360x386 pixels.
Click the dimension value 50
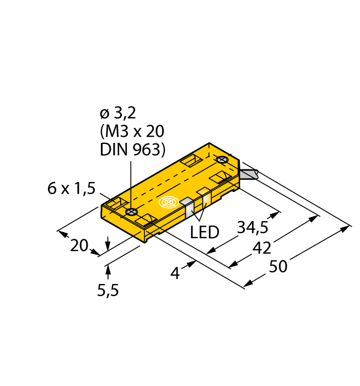[x=278, y=267]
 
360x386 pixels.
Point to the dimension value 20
[x=79, y=245]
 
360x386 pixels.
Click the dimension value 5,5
[x=108, y=290]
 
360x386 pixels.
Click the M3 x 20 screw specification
[x=132, y=132]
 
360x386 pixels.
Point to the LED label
[x=205, y=232]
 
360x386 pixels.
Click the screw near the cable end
[x=223, y=160]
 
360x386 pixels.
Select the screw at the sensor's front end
[x=131, y=212]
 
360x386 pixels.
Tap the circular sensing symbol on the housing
[x=169, y=202]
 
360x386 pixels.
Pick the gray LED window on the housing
[x=187, y=206]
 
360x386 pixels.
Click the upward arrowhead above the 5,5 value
[x=108, y=269]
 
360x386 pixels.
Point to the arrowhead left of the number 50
[x=248, y=283]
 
